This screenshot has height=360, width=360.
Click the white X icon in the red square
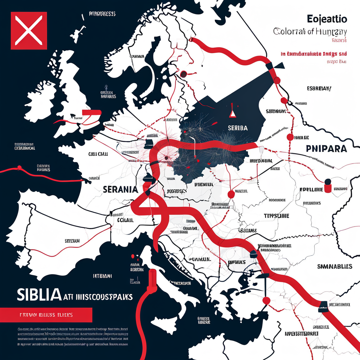coord(29,30)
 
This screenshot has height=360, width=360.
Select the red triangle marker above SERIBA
coord(232,113)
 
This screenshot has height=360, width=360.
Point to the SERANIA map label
coord(120,189)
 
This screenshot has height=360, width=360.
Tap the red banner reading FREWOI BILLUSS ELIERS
coord(46,315)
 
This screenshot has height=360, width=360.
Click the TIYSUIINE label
coord(276,216)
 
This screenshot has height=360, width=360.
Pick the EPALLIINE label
coord(311,189)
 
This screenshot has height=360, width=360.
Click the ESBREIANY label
coord(319,89)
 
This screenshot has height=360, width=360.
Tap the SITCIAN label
coord(72,241)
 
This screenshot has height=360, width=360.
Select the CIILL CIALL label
coord(98,154)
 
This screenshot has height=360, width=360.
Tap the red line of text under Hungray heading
coord(314,54)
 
